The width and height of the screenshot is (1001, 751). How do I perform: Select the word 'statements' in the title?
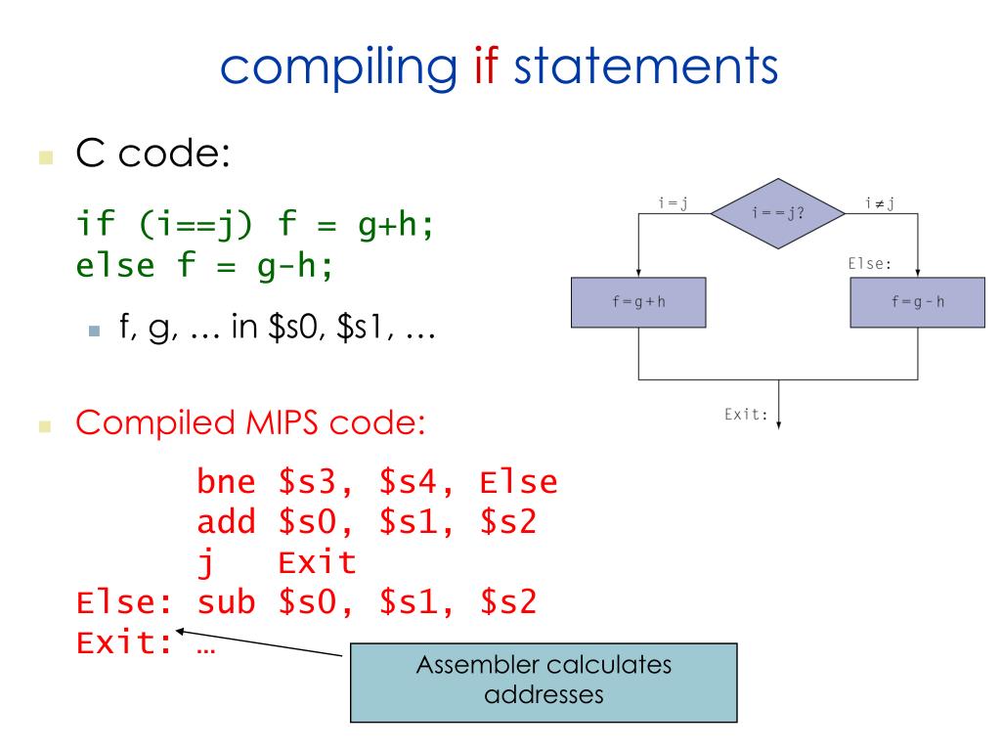646,66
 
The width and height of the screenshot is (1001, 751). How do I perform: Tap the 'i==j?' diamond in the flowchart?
777,213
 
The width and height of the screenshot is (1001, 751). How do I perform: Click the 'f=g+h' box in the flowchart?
638,302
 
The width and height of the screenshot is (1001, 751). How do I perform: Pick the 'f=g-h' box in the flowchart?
917,302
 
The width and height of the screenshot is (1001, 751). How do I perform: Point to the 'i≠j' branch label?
880,203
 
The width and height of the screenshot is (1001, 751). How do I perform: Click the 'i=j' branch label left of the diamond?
673,203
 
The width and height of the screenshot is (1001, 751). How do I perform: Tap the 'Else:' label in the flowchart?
869,264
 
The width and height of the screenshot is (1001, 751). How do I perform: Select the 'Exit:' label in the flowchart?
746,415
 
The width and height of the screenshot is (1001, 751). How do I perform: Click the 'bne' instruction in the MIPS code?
226,481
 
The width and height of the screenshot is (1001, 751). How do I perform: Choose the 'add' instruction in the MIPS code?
226,522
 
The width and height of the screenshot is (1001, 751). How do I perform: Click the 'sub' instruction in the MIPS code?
226,602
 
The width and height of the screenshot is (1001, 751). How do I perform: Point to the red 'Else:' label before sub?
124,602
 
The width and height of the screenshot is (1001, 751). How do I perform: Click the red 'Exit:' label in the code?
124,642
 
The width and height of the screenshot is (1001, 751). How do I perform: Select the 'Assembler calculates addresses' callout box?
544,683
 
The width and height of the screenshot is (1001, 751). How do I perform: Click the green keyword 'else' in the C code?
115,265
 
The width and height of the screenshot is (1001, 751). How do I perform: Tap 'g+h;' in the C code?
396,225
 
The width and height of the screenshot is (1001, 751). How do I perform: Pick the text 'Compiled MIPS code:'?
250,422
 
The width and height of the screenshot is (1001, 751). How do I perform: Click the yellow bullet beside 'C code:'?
46,157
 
